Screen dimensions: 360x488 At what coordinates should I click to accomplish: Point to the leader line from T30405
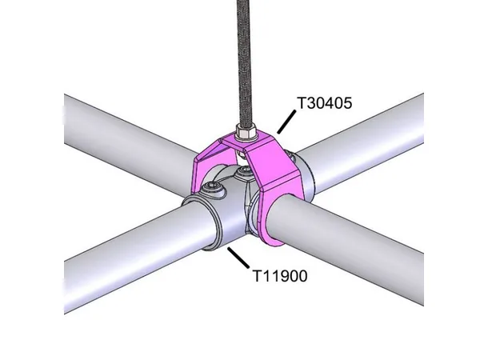tap(283, 121)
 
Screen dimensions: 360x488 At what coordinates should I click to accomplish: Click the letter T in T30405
tap(302, 104)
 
